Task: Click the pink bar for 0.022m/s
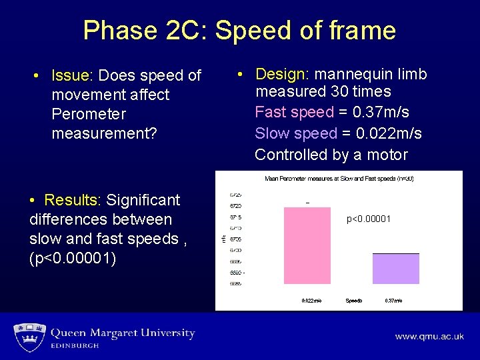point(307,245)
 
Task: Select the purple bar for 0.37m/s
point(395,269)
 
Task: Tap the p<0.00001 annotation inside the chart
point(368,219)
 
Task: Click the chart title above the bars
point(339,178)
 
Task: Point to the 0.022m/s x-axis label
point(311,301)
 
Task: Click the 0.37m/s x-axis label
point(393,301)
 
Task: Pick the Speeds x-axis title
point(353,301)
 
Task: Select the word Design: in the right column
point(282,74)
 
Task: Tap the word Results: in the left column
point(72,200)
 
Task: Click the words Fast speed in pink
point(294,112)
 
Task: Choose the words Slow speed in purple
point(296,133)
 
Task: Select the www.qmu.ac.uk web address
point(429,337)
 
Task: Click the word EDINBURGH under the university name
point(75,346)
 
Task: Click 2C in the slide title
point(186,31)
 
